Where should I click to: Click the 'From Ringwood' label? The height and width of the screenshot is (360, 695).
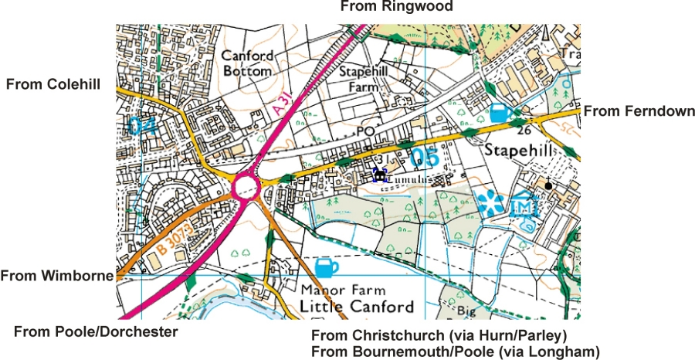pos(396,7)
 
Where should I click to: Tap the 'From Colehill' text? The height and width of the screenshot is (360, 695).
pos(53,84)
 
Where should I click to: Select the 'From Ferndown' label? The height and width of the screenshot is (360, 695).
pos(639,112)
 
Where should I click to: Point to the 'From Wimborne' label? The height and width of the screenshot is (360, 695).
pos(57,274)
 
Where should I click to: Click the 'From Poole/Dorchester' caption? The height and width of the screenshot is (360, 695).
pos(96,331)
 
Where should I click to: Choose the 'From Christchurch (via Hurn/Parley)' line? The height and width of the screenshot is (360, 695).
pos(439,336)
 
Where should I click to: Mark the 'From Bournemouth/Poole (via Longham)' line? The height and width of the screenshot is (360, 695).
pos(455,352)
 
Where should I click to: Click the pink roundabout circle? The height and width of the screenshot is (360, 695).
pos(246,187)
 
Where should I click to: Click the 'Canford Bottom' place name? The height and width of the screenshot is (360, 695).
pos(246,63)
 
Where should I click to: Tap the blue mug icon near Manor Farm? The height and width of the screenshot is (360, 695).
pos(327,268)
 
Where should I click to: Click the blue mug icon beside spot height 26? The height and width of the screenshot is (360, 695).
pos(500,112)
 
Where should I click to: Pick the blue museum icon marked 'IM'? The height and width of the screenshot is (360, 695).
pos(523,206)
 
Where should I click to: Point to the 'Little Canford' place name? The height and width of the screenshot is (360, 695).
pos(357,307)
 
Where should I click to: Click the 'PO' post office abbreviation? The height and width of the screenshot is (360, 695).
pos(364,132)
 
